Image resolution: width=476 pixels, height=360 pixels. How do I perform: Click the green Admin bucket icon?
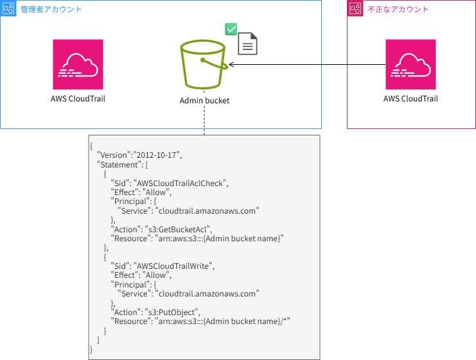click(204, 65)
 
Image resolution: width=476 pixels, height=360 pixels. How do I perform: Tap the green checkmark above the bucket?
click(231, 30)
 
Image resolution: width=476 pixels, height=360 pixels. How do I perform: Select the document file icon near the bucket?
click(249, 44)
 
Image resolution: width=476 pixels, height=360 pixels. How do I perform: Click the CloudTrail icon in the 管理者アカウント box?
click(78, 64)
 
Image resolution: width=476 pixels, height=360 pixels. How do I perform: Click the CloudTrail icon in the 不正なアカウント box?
click(410, 64)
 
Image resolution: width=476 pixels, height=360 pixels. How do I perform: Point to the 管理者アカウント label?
click(51, 9)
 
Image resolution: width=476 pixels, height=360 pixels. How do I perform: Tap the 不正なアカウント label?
click(398, 9)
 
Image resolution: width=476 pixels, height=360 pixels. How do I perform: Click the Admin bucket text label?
click(204, 101)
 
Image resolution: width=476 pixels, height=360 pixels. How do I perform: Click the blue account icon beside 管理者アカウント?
click(9, 9)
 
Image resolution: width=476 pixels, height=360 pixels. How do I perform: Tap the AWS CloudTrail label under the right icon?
click(410, 99)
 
